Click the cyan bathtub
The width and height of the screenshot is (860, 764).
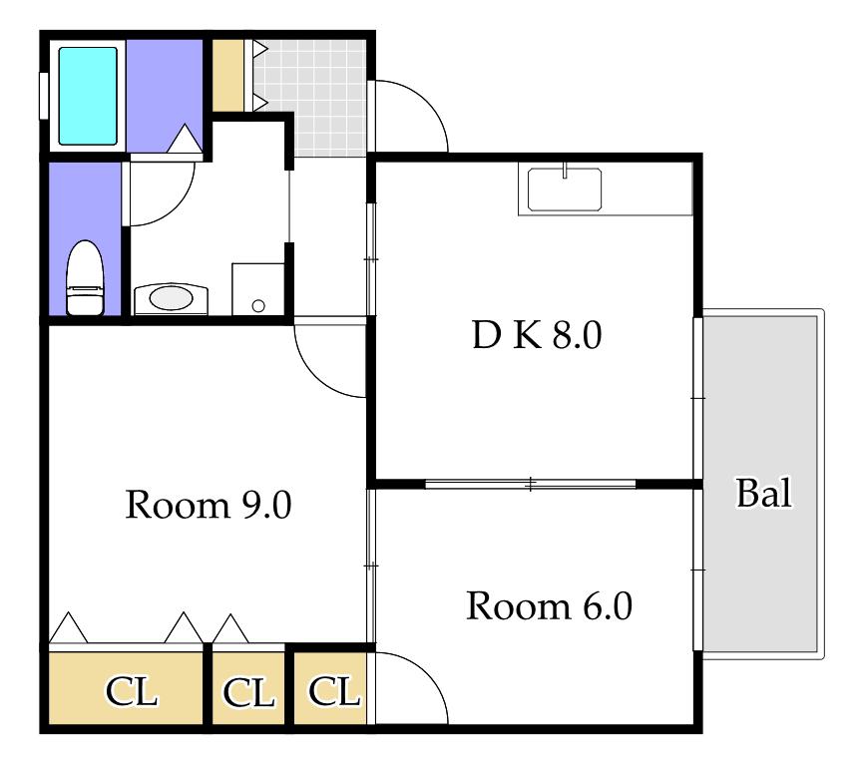88,96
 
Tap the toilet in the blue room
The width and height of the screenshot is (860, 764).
85,278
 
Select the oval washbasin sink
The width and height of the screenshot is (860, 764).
172,299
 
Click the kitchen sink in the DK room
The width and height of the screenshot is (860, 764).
565,190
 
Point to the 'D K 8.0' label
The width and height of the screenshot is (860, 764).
537,335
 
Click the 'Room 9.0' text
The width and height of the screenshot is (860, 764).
209,505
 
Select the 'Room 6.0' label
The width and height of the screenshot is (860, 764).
550,606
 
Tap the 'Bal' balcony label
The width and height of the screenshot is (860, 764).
764,493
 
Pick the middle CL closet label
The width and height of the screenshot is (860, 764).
248,693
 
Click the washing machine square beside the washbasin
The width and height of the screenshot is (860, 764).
257,289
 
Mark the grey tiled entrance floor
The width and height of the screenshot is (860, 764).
310,98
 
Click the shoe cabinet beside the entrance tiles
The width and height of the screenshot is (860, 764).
228,75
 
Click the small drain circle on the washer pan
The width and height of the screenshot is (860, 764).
258,306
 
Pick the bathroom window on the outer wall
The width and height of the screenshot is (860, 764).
44,96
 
